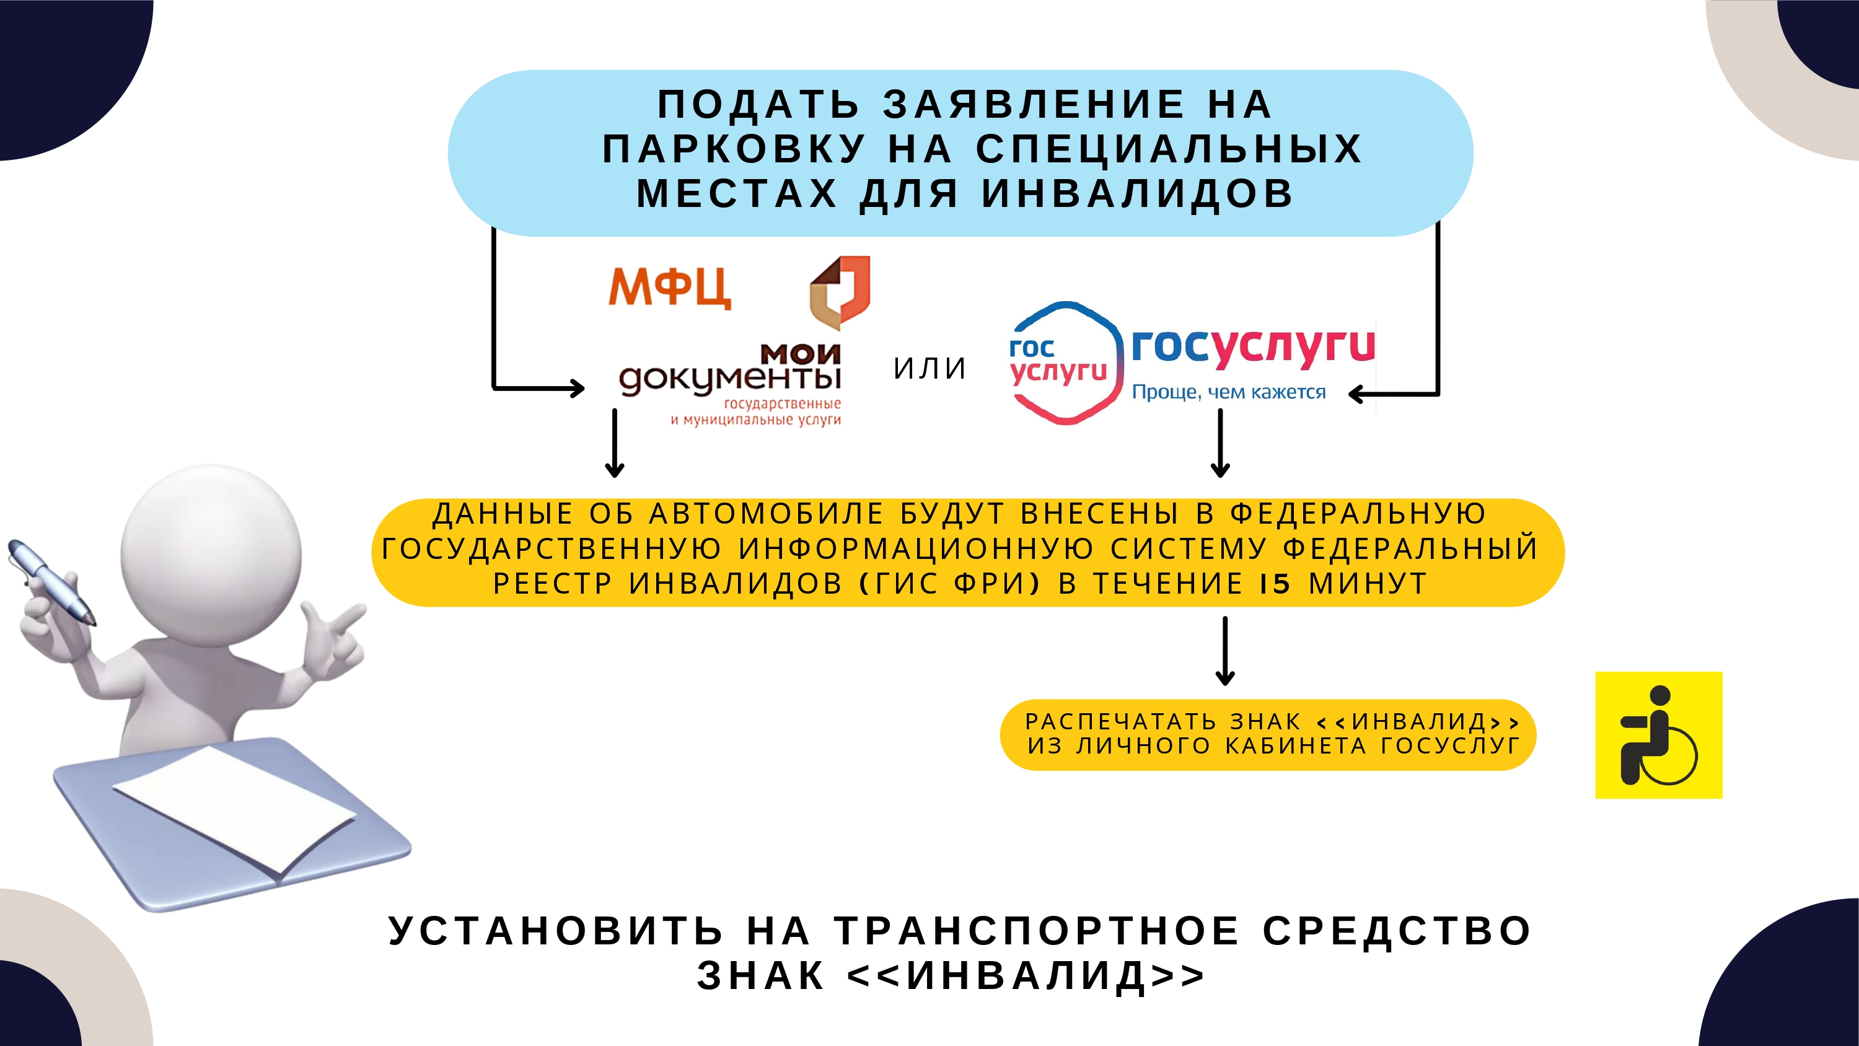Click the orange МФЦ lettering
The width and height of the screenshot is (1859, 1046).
click(x=670, y=288)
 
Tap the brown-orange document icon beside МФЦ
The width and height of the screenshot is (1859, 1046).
click(x=840, y=292)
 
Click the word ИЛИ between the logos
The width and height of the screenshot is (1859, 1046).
click(x=929, y=369)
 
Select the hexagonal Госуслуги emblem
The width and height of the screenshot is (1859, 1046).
click(x=1065, y=363)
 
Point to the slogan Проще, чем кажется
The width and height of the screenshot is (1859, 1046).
click(x=1228, y=392)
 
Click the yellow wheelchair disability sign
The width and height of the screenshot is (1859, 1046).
click(x=1658, y=735)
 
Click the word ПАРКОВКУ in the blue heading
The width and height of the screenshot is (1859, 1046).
click(x=734, y=149)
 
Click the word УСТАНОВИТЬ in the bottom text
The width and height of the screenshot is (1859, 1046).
click(x=556, y=931)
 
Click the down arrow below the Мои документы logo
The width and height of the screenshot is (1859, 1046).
click(x=614, y=443)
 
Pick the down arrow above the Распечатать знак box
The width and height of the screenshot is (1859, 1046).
click(x=1224, y=651)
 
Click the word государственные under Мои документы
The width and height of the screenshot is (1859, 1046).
click(x=782, y=404)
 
